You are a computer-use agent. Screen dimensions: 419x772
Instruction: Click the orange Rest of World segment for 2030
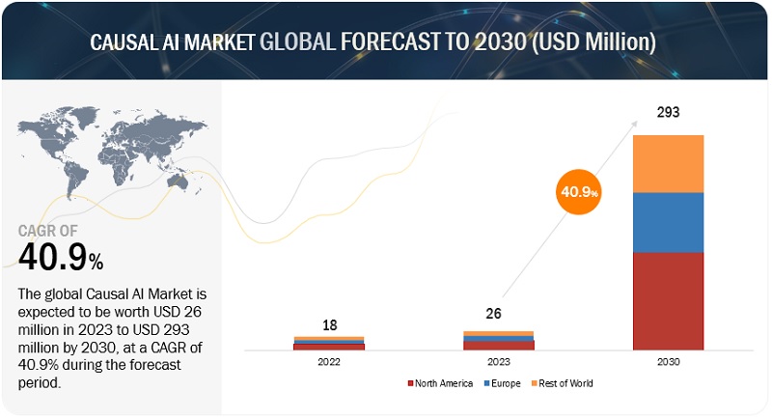coord(668,163)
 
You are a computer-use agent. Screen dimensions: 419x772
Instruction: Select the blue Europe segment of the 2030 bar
coord(668,222)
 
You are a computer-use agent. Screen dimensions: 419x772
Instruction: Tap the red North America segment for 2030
coord(668,300)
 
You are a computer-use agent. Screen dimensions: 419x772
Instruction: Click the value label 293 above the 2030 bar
coord(668,112)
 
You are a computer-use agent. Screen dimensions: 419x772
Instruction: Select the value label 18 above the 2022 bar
coord(328,324)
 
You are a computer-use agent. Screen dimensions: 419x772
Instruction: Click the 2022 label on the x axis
coord(328,362)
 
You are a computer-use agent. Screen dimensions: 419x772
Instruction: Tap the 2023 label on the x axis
coord(498,362)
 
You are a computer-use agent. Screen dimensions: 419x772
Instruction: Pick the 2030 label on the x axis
coord(668,362)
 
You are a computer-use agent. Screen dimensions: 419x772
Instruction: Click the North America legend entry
coord(441,383)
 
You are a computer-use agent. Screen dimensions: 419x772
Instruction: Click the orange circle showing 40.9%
coord(577,192)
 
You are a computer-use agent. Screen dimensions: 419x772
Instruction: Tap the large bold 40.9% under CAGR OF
coord(61,258)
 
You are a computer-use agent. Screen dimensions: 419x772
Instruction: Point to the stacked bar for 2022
coord(328,343)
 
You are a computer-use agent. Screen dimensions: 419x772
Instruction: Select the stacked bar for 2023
coord(498,340)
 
